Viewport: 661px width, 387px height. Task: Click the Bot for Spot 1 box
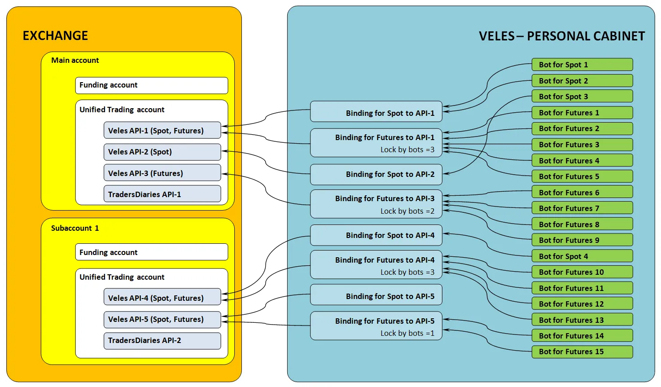pyautogui.click(x=582, y=65)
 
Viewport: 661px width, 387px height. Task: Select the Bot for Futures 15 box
pyautogui.click(x=582, y=352)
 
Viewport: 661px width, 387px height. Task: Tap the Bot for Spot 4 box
pyautogui.click(x=582, y=256)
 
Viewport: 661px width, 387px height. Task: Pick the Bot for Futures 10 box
pyautogui.click(x=582, y=272)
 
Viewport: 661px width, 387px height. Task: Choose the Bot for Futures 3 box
pyautogui.click(x=582, y=145)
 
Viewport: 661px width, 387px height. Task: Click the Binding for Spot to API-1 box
pyautogui.click(x=376, y=112)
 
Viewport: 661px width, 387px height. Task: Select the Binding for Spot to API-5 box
pyautogui.click(x=376, y=295)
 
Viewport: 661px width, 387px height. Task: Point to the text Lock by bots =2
pyautogui.click(x=407, y=211)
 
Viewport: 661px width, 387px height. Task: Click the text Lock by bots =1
pyautogui.click(x=407, y=333)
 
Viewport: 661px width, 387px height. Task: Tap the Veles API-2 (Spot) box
pyautogui.click(x=162, y=152)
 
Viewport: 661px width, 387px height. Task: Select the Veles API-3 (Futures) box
pyautogui.click(x=162, y=173)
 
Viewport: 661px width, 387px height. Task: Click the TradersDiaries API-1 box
pyautogui.click(x=162, y=194)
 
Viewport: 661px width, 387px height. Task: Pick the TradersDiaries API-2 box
pyautogui.click(x=162, y=340)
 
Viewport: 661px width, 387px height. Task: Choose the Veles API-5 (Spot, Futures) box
pyautogui.click(x=162, y=319)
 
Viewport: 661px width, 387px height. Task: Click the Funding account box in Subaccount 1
pyautogui.click(x=151, y=252)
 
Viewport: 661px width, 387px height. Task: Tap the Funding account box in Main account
pyautogui.click(x=151, y=85)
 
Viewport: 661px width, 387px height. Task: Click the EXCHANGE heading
pyautogui.click(x=55, y=36)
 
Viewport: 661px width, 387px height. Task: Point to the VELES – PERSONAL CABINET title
pyautogui.click(x=561, y=36)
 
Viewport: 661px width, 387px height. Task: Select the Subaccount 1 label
pyautogui.click(x=75, y=228)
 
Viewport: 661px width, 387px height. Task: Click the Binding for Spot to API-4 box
pyautogui.click(x=376, y=235)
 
